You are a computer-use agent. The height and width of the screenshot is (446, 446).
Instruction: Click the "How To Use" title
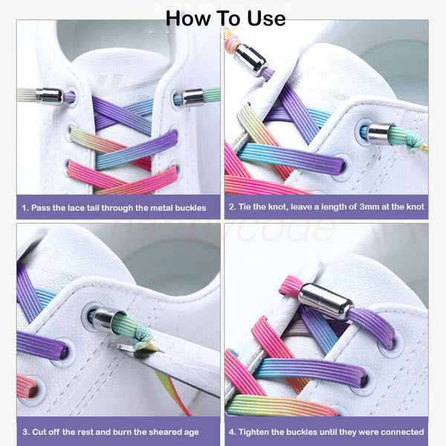[x=225, y=17]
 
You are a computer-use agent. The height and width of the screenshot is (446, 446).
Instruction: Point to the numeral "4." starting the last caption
[x=233, y=431]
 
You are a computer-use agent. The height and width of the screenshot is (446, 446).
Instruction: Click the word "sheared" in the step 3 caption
[x=171, y=431]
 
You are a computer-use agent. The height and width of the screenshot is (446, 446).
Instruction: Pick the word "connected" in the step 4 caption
[x=398, y=431]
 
